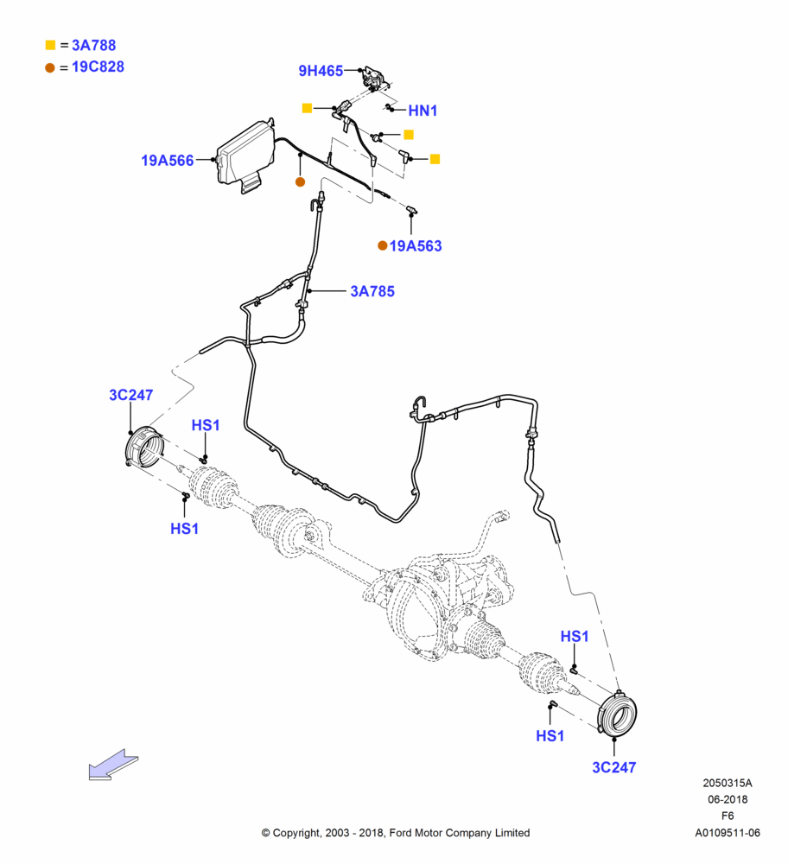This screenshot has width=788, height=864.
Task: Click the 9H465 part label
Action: (321, 71)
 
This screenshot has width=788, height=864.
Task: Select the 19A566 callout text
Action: (168, 161)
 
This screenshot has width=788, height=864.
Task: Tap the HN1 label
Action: (423, 111)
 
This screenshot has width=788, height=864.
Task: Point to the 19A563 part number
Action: (416, 245)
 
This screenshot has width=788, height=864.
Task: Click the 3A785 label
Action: (372, 291)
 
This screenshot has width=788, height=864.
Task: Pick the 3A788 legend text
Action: (93, 45)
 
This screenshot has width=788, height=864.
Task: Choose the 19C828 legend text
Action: (98, 67)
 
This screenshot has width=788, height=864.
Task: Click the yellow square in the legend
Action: (50, 45)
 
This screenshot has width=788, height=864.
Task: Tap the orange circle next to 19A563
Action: (383, 245)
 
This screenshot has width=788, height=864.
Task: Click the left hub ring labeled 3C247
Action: (145, 447)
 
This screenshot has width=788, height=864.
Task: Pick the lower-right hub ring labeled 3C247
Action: (618, 715)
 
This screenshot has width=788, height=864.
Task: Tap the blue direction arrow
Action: (113, 765)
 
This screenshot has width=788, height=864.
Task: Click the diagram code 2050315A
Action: (728, 783)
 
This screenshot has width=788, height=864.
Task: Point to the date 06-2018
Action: (728, 799)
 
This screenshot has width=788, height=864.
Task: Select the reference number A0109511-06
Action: (728, 833)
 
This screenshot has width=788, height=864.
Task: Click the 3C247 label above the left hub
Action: (131, 395)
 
